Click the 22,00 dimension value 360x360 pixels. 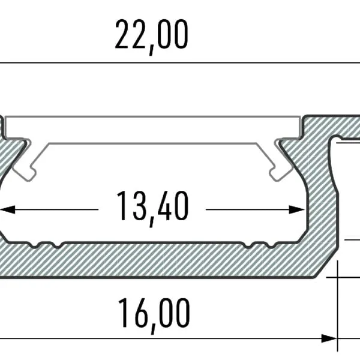151,35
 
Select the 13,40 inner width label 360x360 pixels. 152,206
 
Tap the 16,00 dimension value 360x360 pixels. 154,313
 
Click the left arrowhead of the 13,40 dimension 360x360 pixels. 7,209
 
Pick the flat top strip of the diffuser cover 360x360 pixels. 154,126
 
